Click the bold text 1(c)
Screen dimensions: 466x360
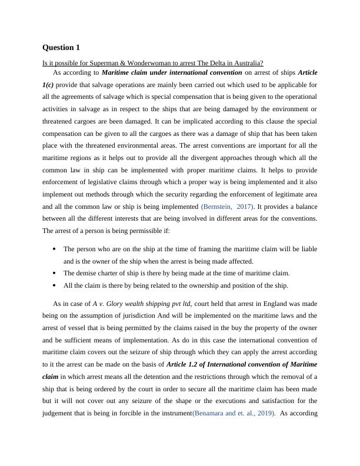(x=49, y=84)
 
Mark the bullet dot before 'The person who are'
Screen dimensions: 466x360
(x=55, y=249)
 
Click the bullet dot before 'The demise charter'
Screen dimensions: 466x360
(x=55, y=273)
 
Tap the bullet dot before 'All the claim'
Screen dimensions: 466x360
(x=55, y=285)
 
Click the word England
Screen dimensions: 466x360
(x=271, y=304)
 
